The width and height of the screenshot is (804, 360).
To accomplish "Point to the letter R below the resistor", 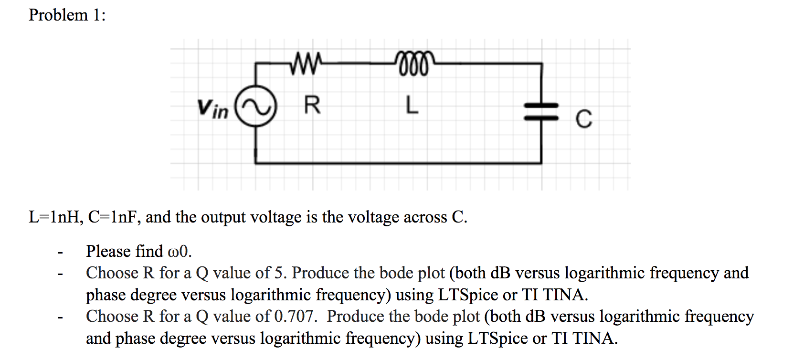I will pyautogui.click(x=312, y=105).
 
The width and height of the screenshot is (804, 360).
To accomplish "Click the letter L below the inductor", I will pyautogui.click(x=412, y=105).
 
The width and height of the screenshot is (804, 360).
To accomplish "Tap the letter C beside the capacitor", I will pyautogui.click(x=583, y=119).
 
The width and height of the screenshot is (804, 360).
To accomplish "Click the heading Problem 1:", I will pyautogui.click(x=67, y=15).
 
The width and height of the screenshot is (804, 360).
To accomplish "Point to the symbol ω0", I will pyautogui.click(x=179, y=252).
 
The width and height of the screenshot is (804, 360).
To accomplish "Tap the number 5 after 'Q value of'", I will pyautogui.click(x=279, y=273).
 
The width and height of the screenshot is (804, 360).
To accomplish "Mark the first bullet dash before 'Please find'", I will pyautogui.click(x=60, y=253).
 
